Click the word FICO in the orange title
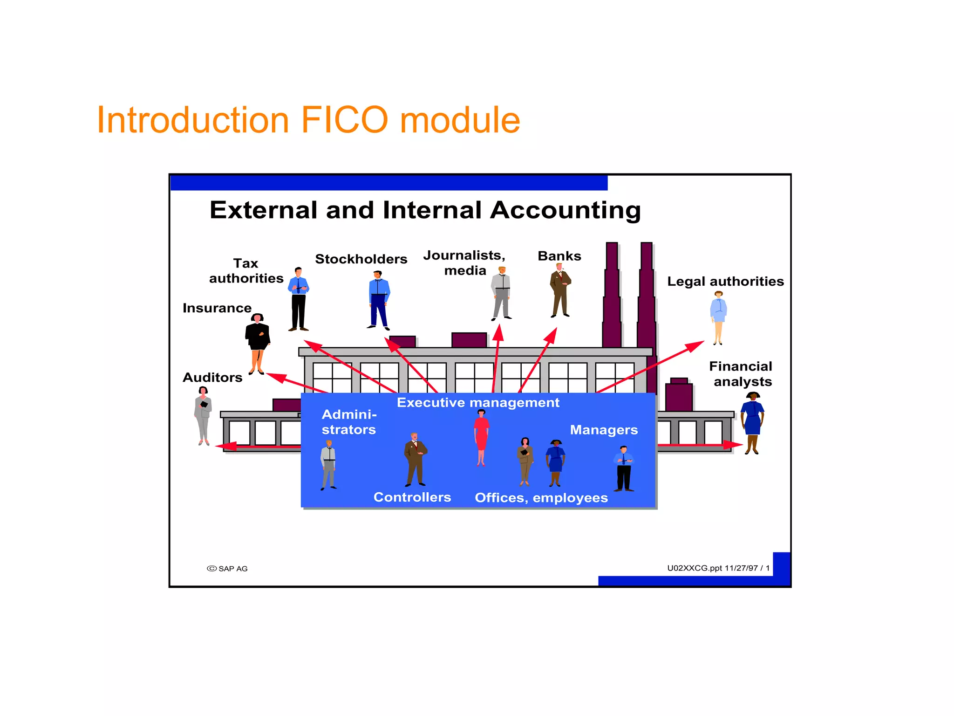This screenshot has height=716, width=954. point(344,120)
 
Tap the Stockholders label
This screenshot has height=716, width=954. point(361,259)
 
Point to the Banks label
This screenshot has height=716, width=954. point(559,256)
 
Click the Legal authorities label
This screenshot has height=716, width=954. point(725,282)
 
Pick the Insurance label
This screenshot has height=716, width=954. point(217,308)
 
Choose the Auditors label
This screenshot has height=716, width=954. point(212,378)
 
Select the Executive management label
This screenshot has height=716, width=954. point(478,403)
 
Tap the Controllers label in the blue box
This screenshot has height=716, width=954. point(412,497)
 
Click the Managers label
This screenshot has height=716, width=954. point(604,430)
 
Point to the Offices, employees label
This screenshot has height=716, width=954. point(541,498)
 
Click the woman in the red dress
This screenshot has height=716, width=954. point(481,437)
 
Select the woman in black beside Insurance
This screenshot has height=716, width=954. point(257,343)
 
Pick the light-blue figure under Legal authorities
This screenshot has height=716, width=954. point(718,317)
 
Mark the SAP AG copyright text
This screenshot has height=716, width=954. point(228,569)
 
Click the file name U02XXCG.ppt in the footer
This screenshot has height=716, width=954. point(694,568)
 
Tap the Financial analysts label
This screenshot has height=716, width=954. point(741,374)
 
